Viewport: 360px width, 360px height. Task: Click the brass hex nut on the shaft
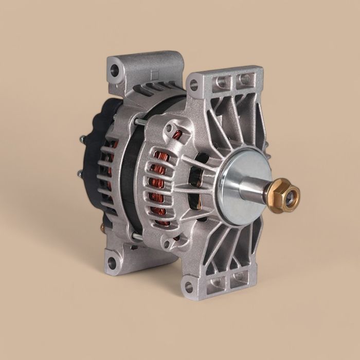282,195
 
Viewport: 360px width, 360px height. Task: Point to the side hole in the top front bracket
193,85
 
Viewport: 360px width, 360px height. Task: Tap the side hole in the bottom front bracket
189,286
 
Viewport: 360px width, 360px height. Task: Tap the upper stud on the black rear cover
82,139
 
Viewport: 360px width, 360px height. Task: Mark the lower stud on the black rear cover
81,174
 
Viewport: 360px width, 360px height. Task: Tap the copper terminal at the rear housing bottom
102,227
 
